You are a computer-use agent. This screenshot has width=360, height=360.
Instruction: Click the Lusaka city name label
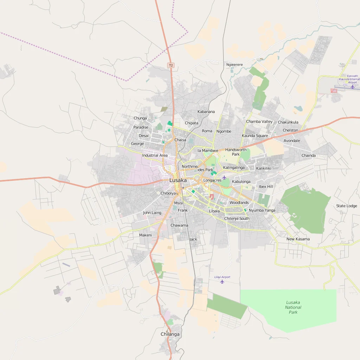pyautogui.click(x=178, y=180)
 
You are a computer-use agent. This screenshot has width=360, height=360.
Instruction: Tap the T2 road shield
pyautogui.click(x=171, y=65)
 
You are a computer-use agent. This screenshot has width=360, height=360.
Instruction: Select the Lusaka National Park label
pyautogui.click(x=293, y=307)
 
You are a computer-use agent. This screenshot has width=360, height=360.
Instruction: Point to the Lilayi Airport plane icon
pyautogui.click(x=222, y=282)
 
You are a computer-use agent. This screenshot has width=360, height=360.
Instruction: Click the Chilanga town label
pyautogui.click(x=170, y=334)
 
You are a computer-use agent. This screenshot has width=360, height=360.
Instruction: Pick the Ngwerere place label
pyautogui.click(x=234, y=65)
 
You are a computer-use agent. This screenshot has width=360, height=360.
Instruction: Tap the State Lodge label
pyautogui.click(x=346, y=206)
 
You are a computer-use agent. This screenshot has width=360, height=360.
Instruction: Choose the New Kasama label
pyautogui.click(x=298, y=239)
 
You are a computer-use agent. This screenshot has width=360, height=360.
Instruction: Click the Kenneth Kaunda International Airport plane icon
pyautogui.click(x=352, y=86)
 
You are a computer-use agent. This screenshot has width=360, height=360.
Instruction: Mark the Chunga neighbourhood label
pyautogui.click(x=140, y=118)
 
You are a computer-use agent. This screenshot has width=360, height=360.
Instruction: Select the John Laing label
pyautogui.click(x=152, y=213)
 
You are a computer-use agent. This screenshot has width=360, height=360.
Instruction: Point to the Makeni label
pyautogui.click(x=145, y=235)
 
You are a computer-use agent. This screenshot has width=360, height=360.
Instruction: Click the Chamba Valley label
pyautogui.click(x=259, y=122)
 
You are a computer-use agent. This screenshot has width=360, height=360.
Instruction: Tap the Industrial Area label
pyautogui.click(x=155, y=155)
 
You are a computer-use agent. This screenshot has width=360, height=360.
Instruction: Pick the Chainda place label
pyautogui.click(x=308, y=155)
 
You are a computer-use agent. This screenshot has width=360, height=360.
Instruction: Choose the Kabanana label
pyautogui.click(x=206, y=112)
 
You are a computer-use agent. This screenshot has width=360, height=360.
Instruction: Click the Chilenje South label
pyautogui.click(x=237, y=219)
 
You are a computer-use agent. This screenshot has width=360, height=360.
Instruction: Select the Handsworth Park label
pyautogui.click(x=236, y=152)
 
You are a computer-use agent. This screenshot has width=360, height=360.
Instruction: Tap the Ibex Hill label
pyautogui.click(x=266, y=187)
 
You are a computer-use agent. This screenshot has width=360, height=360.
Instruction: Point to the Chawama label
pyautogui.click(x=179, y=225)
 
